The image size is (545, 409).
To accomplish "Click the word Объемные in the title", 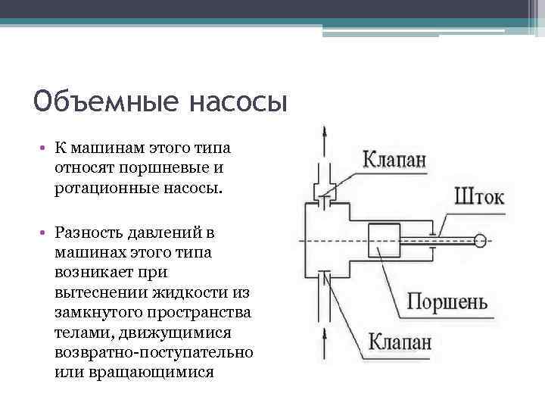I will click(104, 101).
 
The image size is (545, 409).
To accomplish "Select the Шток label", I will click(479, 198).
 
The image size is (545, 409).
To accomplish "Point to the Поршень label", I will click(447, 302).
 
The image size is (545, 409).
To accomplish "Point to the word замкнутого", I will click(98, 312).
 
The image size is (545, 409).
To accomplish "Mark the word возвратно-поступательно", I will click(154, 353).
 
